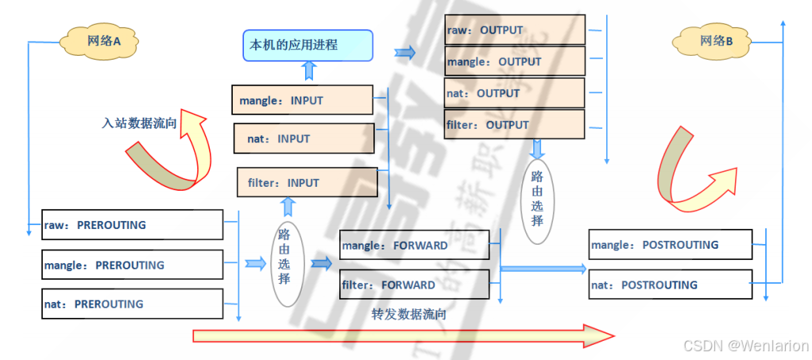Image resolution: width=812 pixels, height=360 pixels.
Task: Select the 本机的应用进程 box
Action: pyautogui.click(x=307, y=45)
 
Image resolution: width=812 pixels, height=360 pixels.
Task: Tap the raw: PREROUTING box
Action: pyautogui.click(x=132, y=225)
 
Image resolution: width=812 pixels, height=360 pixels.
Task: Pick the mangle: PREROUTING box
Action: pyautogui.click(x=132, y=265)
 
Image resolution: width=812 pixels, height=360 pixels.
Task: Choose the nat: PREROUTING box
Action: pyautogui.click(x=132, y=304)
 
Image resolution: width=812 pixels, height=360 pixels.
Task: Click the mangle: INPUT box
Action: pyautogui.click(x=303, y=100)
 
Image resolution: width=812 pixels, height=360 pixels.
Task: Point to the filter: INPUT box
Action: pyautogui.click(x=307, y=183)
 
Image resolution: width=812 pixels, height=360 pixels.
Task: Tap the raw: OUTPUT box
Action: pyautogui.click(x=514, y=30)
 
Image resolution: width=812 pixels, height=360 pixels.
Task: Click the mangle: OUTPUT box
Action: pyautogui.click(x=514, y=61)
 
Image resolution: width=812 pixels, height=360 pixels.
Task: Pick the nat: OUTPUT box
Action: pyautogui.click(x=514, y=93)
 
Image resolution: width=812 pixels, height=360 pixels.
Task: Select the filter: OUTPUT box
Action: pyautogui.click(x=514, y=125)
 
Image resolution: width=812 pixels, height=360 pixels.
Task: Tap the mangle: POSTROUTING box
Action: pyautogui.click(x=670, y=245)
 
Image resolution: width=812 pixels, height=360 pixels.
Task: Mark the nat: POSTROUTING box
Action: pyautogui.click(x=670, y=285)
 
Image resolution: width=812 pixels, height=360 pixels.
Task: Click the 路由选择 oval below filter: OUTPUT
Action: pyautogui.click(x=537, y=198)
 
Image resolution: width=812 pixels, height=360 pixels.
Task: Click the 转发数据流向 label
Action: pyautogui.click(x=409, y=314)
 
